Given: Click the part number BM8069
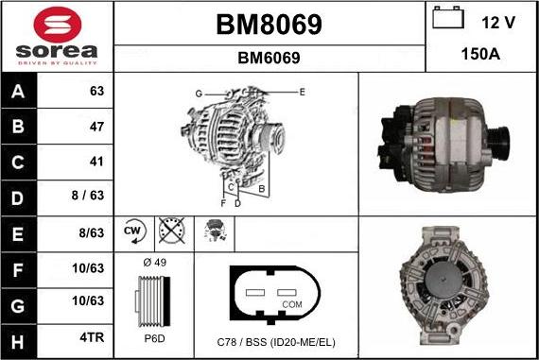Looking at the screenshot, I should click(x=269, y=24).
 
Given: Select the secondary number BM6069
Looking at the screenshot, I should click(x=269, y=58).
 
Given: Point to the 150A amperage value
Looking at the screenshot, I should click(x=481, y=54).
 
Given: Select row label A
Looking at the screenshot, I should click(x=19, y=93).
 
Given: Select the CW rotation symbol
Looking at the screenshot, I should click(x=132, y=230).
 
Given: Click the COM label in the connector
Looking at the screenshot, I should click(x=291, y=305).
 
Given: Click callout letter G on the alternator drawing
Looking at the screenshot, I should click(x=199, y=93).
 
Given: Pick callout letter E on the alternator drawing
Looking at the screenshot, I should click(x=302, y=92).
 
